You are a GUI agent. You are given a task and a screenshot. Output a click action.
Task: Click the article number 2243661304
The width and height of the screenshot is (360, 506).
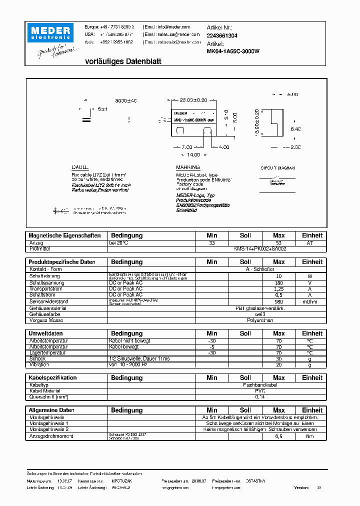pyautogui.click(x=222, y=36)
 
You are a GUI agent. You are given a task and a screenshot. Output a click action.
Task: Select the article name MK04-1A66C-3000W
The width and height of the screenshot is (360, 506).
pyautogui.click(x=233, y=51)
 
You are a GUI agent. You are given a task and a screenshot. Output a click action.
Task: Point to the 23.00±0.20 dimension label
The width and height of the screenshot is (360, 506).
pyautogui.click(x=193, y=100)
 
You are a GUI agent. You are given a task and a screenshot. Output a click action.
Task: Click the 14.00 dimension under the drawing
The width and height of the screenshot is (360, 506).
pyautogui.click(x=193, y=155)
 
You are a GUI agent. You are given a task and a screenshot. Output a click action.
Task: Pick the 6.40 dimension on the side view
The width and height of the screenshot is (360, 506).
pyautogui.click(x=295, y=129)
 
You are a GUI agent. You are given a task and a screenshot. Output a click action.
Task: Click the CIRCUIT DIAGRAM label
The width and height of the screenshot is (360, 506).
pyautogui.click(x=277, y=168)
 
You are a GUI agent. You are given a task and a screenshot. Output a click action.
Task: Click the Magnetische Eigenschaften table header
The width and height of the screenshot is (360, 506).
pyautogui.click(x=64, y=235)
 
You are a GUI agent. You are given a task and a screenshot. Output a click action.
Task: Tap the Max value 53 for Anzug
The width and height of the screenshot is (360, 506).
pyautogui.click(x=278, y=242)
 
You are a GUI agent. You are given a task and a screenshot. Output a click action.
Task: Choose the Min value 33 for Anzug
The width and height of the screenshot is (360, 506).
pyautogui.click(x=211, y=242)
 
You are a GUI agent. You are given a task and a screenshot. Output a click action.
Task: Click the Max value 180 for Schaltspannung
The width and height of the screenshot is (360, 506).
pyautogui.click(x=278, y=282)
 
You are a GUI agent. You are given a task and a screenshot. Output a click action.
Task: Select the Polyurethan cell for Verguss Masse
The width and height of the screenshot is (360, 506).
pyautogui.click(x=260, y=320)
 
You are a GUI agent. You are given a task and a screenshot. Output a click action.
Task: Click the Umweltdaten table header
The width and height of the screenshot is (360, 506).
pyautogui.click(x=45, y=333)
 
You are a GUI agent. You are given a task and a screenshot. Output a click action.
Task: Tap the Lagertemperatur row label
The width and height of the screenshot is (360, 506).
pyautogui.click(x=47, y=352)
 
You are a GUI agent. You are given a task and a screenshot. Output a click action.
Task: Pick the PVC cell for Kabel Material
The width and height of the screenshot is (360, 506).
pyautogui.click(x=260, y=391)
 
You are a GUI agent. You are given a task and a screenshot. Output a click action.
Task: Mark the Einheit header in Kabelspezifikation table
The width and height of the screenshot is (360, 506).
pyautogui.click(x=312, y=378)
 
